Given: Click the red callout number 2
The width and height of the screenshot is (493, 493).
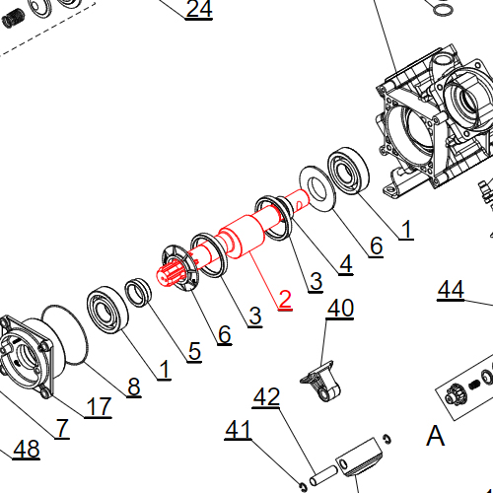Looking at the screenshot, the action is coord(285,299).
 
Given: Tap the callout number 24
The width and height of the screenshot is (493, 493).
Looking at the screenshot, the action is coord(199,9).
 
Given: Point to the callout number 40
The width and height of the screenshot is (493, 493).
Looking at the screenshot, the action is coord(340,308).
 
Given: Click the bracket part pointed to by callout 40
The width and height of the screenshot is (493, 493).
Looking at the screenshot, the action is coord(321,382).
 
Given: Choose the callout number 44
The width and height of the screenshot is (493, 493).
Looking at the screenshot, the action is coord(451,290).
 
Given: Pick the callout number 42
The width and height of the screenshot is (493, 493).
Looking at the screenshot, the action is coord(266,396).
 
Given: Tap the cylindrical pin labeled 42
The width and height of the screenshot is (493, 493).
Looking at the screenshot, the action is coord(323,475).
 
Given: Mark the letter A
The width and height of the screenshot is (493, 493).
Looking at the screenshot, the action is coord(435,435).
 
